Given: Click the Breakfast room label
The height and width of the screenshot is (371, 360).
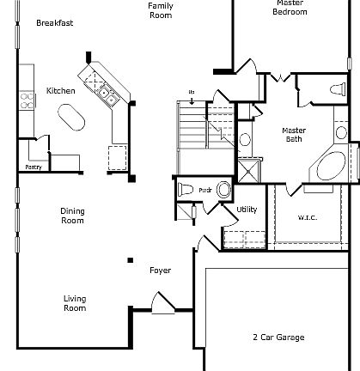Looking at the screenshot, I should tap(54, 23).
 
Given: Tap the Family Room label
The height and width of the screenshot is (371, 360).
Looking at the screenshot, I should tap(161, 10).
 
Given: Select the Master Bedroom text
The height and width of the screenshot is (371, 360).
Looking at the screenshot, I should tap(290, 8).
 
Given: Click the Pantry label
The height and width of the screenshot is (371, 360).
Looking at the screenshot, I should tap(34, 167).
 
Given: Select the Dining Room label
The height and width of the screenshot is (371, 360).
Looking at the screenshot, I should tap(72, 216).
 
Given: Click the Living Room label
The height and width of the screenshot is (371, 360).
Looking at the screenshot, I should tap(75, 303).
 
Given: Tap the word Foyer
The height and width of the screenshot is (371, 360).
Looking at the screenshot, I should tap(160, 271).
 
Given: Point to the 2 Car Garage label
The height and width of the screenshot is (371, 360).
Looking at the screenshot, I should tap(278, 338).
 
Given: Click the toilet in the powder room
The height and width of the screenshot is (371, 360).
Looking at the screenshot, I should tap(186, 190).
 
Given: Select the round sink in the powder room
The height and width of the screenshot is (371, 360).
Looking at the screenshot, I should tap(223, 190).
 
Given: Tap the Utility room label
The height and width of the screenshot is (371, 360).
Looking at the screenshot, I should tap(247, 210).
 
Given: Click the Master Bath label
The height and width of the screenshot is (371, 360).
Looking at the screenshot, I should tap(294, 134).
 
